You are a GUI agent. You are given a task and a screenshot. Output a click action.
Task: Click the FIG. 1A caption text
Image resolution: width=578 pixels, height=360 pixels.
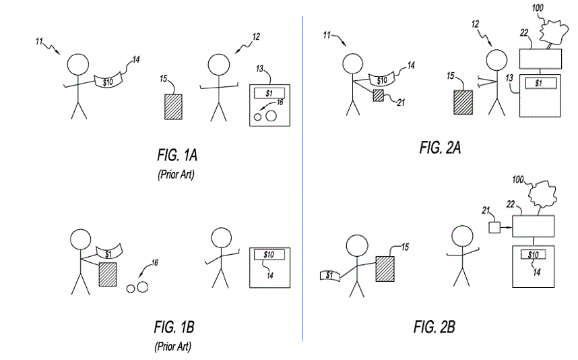pos(173,156)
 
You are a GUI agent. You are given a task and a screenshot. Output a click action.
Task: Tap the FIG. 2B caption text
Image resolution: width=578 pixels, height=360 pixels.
pos(434,328)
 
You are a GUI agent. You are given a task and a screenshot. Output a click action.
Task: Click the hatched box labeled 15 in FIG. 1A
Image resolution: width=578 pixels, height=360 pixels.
pos(174,107)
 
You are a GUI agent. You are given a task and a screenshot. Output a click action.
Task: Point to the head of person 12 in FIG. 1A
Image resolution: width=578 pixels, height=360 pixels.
pos(218,65)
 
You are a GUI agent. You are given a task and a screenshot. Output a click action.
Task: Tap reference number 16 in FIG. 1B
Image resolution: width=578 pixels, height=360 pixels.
pos(155,262)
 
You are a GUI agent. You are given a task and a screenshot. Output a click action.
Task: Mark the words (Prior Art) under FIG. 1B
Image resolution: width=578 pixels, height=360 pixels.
pos(173,347)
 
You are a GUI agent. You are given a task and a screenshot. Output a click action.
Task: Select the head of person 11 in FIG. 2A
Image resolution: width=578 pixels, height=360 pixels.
pos(352,65)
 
